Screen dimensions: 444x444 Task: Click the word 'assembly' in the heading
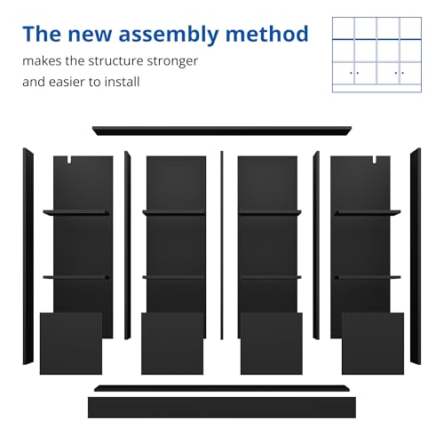coord(169,35)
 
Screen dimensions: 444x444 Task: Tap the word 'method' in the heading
coord(267,34)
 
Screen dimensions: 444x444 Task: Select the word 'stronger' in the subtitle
coord(172,61)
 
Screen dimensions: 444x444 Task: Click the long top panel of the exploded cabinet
coord(222,131)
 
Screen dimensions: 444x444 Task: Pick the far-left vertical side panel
coord(28,257)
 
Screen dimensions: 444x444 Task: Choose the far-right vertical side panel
coord(416,257)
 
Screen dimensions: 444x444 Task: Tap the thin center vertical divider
coord(222,245)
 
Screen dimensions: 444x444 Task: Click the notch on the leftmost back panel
coord(69,160)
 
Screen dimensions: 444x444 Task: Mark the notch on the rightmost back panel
coord(375,160)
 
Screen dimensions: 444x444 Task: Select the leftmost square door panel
coord(71,344)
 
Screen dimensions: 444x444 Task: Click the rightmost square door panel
coord(373,344)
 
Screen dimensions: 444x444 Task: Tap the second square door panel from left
coord(172,344)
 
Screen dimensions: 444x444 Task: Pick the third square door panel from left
coord(272,344)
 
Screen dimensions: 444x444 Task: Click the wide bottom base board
coord(222,408)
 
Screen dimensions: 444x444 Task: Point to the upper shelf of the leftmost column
coord(76,213)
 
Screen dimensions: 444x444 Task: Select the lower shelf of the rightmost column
coord(368,277)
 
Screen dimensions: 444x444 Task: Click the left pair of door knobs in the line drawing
coord(354,73)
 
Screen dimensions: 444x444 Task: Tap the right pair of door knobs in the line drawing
coord(400,73)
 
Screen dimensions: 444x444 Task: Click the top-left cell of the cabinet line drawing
coord(344,28)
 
